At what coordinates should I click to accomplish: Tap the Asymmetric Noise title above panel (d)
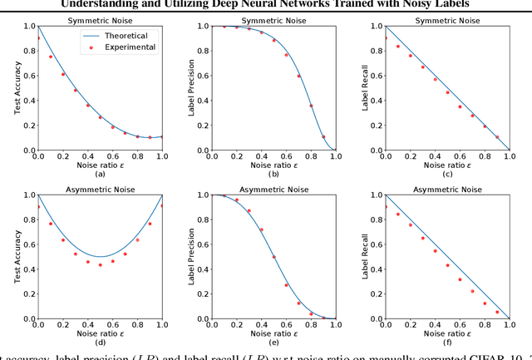[x=99, y=186]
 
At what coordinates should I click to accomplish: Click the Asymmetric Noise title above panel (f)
[x=450, y=186]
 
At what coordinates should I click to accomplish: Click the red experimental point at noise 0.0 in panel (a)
[x=37, y=38]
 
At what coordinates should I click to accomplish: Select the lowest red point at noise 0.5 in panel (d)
[x=100, y=264]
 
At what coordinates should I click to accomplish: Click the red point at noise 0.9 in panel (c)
[x=498, y=137]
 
